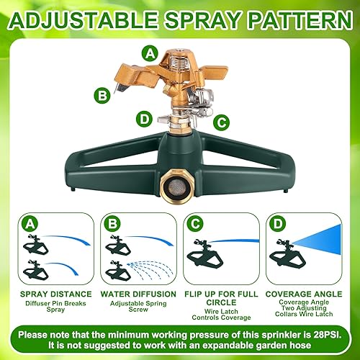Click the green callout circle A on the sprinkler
click(150, 53)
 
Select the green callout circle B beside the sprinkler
click(104, 94)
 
